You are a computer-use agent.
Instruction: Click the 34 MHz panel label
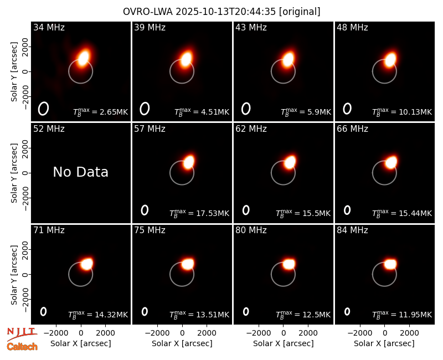[49, 27]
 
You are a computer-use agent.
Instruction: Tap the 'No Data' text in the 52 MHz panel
[80, 172]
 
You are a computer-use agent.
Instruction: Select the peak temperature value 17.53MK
[199, 213]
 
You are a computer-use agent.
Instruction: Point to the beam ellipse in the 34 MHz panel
[44, 109]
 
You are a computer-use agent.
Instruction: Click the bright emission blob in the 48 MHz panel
[390, 60]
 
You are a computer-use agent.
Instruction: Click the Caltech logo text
[22, 347]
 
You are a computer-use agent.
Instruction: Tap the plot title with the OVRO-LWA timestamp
[221, 12]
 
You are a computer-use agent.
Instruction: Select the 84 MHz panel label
[352, 230]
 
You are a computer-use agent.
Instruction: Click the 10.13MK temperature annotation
[402, 112]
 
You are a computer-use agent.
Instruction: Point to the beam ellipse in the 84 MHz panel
[347, 311]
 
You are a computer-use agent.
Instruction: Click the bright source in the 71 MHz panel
[87, 264]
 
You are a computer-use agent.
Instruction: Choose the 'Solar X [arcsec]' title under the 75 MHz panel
[182, 343]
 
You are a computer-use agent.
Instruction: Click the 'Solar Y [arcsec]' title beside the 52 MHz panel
[14, 173]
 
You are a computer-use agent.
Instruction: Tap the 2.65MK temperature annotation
[100, 112]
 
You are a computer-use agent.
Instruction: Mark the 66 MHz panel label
[352, 129]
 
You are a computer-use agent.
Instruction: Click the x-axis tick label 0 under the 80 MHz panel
[284, 333]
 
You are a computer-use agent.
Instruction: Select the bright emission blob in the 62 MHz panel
[290, 162]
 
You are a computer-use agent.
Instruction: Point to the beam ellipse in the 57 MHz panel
[145, 210]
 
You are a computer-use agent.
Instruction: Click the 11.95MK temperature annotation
[402, 315]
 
